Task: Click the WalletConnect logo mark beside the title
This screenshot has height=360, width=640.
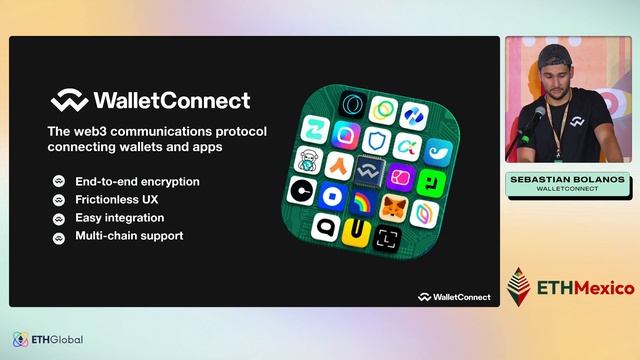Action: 69,101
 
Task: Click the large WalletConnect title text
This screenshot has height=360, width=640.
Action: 171,101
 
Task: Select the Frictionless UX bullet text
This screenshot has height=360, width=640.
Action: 117,200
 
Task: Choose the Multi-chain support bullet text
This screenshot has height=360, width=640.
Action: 128,237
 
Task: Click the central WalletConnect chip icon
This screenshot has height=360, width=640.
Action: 370,172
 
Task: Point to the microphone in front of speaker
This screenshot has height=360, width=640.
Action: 537,115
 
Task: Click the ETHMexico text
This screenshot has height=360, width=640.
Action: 586,288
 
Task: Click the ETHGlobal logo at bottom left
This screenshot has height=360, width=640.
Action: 48,340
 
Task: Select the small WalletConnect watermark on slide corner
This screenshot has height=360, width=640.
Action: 454,296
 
